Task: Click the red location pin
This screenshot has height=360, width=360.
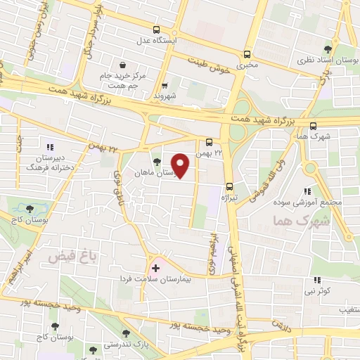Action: [181, 165]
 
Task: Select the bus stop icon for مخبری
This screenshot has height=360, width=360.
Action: [246, 54]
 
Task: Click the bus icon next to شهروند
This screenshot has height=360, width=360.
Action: [163, 84]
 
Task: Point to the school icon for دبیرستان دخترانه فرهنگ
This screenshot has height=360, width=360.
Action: [50, 147]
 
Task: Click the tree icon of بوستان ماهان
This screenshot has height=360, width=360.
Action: [156, 161]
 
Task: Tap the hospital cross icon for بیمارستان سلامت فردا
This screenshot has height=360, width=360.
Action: [155, 268]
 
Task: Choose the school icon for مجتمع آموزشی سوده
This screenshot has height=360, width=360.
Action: [307, 191]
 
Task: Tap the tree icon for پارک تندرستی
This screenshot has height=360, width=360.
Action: [126, 334]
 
